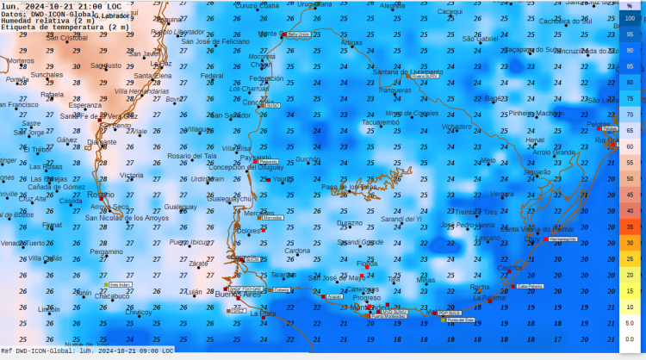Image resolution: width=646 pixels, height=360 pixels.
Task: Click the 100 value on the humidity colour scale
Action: coord(630,18)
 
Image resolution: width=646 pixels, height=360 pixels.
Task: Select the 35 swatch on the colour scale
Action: coord(630,227)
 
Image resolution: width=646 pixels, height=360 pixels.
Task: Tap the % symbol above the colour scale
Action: coord(630,5)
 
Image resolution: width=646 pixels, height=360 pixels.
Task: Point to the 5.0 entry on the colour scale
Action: coord(630,323)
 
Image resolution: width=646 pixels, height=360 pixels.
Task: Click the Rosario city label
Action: coord(100,195)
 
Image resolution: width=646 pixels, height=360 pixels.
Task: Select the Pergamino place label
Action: coord(106,251)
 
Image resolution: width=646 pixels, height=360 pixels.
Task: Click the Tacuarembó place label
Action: coord(380,122)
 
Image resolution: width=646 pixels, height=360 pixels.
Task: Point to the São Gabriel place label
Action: coord(481,39)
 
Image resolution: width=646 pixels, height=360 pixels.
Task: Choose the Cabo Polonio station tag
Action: coord(529,286)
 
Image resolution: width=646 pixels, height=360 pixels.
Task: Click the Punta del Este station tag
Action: coord(461,320)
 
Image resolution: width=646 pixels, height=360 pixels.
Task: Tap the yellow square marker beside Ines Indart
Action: coord(106,284)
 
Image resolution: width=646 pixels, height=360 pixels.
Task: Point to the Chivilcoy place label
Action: coord(139,313)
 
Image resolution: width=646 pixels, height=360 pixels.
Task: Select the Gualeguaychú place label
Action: coord(231,199)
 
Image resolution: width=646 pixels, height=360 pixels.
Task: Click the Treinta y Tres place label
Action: coord(476,212)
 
